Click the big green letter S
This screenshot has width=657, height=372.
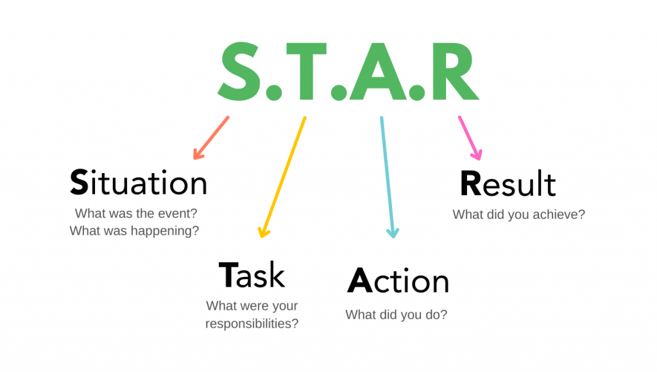(x=239, y=72)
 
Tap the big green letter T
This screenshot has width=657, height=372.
(x=306, y=71)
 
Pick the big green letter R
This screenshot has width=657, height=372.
(x=455, y=71)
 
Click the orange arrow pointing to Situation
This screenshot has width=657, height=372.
(x=210, y=138)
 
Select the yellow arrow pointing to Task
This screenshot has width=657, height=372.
(x=282, y=177)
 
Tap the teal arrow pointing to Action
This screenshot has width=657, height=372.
(x=387, y=177)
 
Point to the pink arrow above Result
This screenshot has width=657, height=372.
(x=470, y=138)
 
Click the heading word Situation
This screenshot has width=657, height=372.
(x=139, y=183)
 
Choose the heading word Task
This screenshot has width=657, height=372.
(x=252, y=275)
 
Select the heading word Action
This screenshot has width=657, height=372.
(x=398, y=280)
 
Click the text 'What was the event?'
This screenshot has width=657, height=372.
(x=136, y=213)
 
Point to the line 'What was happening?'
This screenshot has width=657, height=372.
(x=134, y=231)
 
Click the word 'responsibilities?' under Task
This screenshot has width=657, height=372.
(x=252, y=324)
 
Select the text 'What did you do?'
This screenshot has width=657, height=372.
(x=397, y=315)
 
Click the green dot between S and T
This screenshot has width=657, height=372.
(x=273, y=92)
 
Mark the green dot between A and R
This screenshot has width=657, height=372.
(x=417, y=92)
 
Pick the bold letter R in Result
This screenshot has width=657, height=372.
(x=470, y=183)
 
